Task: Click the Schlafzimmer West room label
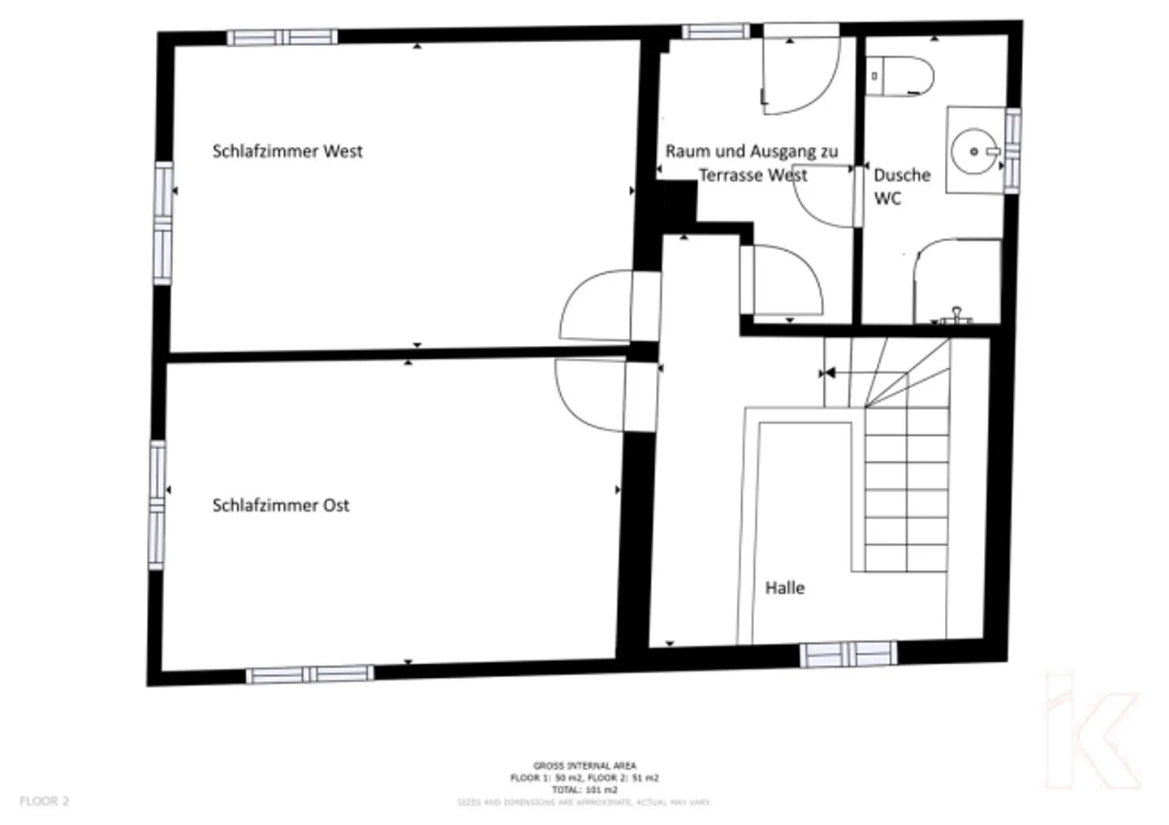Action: click(x=287, y=151)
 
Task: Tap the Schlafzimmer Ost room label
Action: click(x=281, y=505)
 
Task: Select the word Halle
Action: click(x=785, y=588)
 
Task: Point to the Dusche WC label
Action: click(x=901, y=187)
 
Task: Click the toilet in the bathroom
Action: click(x=901, y=76)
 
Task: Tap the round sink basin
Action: click(x=974, y=151)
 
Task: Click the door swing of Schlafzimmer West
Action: click(x=596, y=305)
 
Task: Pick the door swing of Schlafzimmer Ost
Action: click(x=590, y=395)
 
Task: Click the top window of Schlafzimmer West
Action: click(x=282, y=37)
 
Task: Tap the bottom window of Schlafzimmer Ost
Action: click(x=310, y=674)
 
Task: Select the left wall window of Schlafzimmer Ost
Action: click(x=157, y=504)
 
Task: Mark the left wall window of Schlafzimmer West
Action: click(x=163, y=222)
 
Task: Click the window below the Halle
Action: click(x=849, y=654)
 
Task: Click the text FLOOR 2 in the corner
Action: click(x=45, y=801)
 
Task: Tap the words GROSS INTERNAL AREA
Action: click(x=584, y=766)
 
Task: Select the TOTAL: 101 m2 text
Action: click(x=584, y=789)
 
